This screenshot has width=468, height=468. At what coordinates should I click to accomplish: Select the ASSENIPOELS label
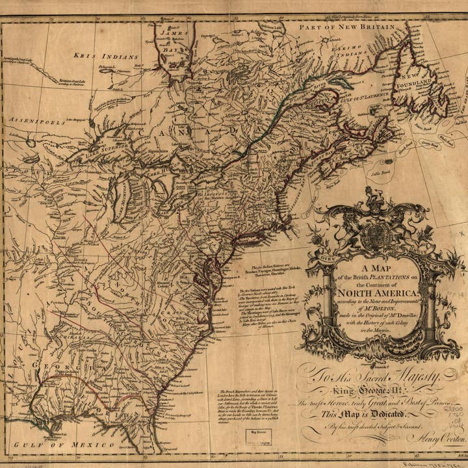pyautogui.click(x=32, y=120)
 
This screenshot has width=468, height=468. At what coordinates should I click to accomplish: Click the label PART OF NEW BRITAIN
pyautogui.click(x=346, y=28)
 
